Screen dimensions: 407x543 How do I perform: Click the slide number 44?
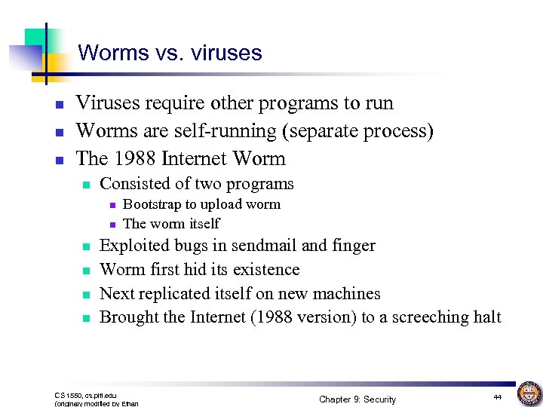497,396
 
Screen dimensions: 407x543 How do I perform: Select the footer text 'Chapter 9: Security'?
357,399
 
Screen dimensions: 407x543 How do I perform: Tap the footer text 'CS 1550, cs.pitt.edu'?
85,395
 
